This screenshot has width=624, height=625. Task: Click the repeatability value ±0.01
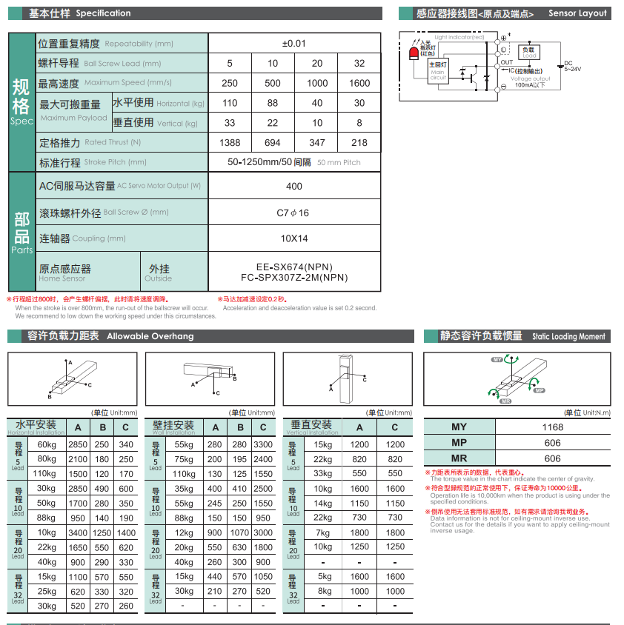pos(294,43)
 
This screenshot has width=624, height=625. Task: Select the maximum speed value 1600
pos(359,83)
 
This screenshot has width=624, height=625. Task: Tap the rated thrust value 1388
pos(230,142)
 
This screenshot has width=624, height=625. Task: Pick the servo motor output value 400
pos(294,187)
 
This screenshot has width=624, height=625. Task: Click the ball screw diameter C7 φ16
pos(293,213)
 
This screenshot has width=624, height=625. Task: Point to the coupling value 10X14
pos(294,238)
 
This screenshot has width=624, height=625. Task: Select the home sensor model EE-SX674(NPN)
pos(294,267)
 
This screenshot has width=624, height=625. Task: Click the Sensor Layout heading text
pos(577,13)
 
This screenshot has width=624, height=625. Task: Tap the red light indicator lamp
pos(414,53)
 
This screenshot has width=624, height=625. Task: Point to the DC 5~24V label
pos(572,66)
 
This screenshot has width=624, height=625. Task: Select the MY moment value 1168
pos(552,427)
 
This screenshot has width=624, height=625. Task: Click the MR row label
pos(459,458)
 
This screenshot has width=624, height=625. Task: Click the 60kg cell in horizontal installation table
pos(47,444)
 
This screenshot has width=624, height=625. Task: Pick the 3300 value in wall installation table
pos(263,444)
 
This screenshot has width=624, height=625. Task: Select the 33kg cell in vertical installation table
pos(323,473)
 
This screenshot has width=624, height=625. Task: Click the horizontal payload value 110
pos(230,103)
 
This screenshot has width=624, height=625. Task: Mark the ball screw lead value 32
pos(359,63)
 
